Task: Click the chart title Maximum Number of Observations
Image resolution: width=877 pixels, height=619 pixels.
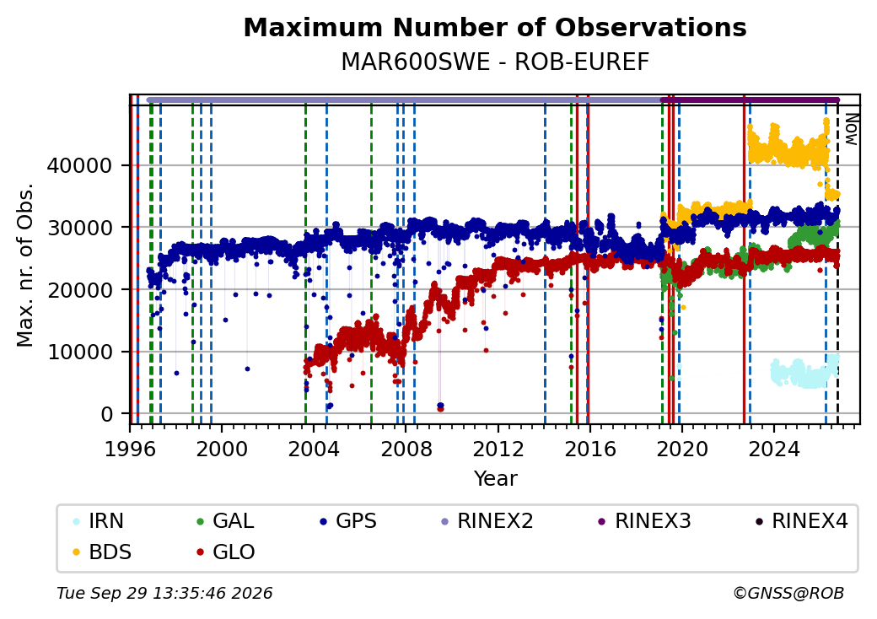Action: click(x=495, y=27)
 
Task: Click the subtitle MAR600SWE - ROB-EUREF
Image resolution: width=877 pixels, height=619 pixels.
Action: click(x=495, y=62)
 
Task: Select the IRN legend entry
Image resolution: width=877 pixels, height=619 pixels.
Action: click(x=99, y=521)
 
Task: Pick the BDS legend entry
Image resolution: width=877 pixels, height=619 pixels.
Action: click(x=102, y=552)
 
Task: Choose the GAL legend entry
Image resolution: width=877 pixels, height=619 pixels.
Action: click(x=225, y=521)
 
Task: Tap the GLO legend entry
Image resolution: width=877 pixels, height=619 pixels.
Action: click(x=225, y=552)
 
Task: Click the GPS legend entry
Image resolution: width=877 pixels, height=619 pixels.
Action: click(x=347, y=521)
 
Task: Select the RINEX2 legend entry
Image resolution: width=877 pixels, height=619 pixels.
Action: click(x=487, y=521)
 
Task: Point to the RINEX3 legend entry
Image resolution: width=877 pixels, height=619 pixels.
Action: click(x=644, y=521)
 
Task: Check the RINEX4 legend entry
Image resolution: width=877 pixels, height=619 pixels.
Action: click(x=801, y=521)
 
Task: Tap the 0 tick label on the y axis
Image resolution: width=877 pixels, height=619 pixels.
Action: click(x=107, y=414)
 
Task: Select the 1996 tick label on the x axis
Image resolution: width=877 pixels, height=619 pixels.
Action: click(x=130, y=449)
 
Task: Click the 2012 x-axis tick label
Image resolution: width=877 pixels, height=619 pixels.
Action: click(x=498, y=449)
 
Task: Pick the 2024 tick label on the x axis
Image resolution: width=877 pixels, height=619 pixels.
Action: click(x=774, y=449)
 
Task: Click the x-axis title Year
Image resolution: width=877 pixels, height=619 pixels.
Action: click(x=495, y=479)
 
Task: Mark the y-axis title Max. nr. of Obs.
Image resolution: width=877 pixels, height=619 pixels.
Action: click(x=25, y=265)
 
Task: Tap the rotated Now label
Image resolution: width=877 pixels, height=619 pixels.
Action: click(x=851, y=129)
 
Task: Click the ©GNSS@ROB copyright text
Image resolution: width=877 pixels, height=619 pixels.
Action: click(x=788, y=593)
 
